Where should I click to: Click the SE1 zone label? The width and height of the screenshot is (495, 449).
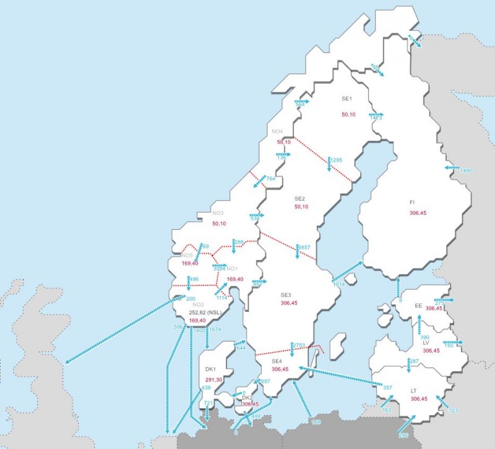coord(346,99)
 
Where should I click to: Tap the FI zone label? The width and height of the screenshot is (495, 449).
coord(412,202)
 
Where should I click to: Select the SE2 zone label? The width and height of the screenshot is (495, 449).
coord(299,198)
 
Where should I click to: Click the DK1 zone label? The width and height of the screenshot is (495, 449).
coord(210,369)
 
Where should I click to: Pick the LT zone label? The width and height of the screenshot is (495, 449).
coord(413,391)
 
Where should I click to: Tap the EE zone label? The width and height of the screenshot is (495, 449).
coord(418,306)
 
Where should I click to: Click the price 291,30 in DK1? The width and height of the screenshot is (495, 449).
coord(214,379)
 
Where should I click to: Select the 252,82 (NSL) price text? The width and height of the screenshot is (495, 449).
coord(204,313)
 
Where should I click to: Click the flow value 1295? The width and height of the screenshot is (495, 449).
coord(336,161)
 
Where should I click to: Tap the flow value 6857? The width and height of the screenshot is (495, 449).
coord(304,248)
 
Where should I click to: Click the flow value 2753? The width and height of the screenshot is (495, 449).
coord(299,345)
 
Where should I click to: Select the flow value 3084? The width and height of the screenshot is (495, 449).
coord(218,269)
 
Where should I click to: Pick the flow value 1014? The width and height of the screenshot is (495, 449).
coord(339,285)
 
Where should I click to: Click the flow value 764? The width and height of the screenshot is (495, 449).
coord(270,179)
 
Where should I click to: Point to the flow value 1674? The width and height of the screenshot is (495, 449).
coord(215,330)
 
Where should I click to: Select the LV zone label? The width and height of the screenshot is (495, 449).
coord(427,342)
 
